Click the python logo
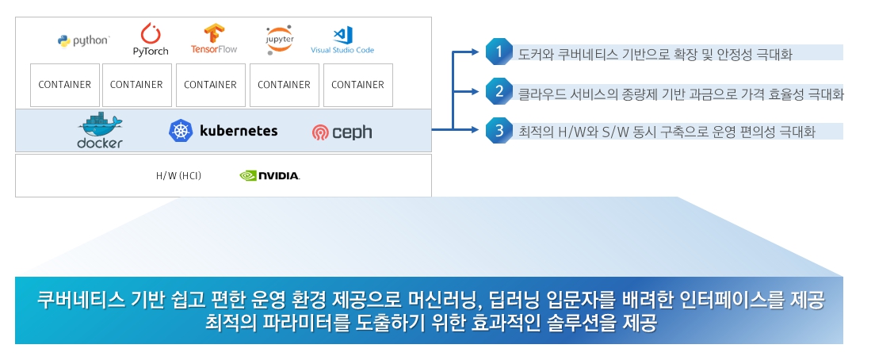coord(83,40)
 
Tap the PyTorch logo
coord(151,39)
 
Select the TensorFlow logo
coord(214,39)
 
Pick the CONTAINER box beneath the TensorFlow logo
coord(211,85)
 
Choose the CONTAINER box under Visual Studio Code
coord(357,85)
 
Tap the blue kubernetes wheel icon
coord(181,131)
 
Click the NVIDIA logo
coord(269,175)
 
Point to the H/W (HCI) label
coord(178,175)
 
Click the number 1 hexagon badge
coord(499,52)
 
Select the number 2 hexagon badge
coord(499,90)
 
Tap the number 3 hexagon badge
coord(499,129)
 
